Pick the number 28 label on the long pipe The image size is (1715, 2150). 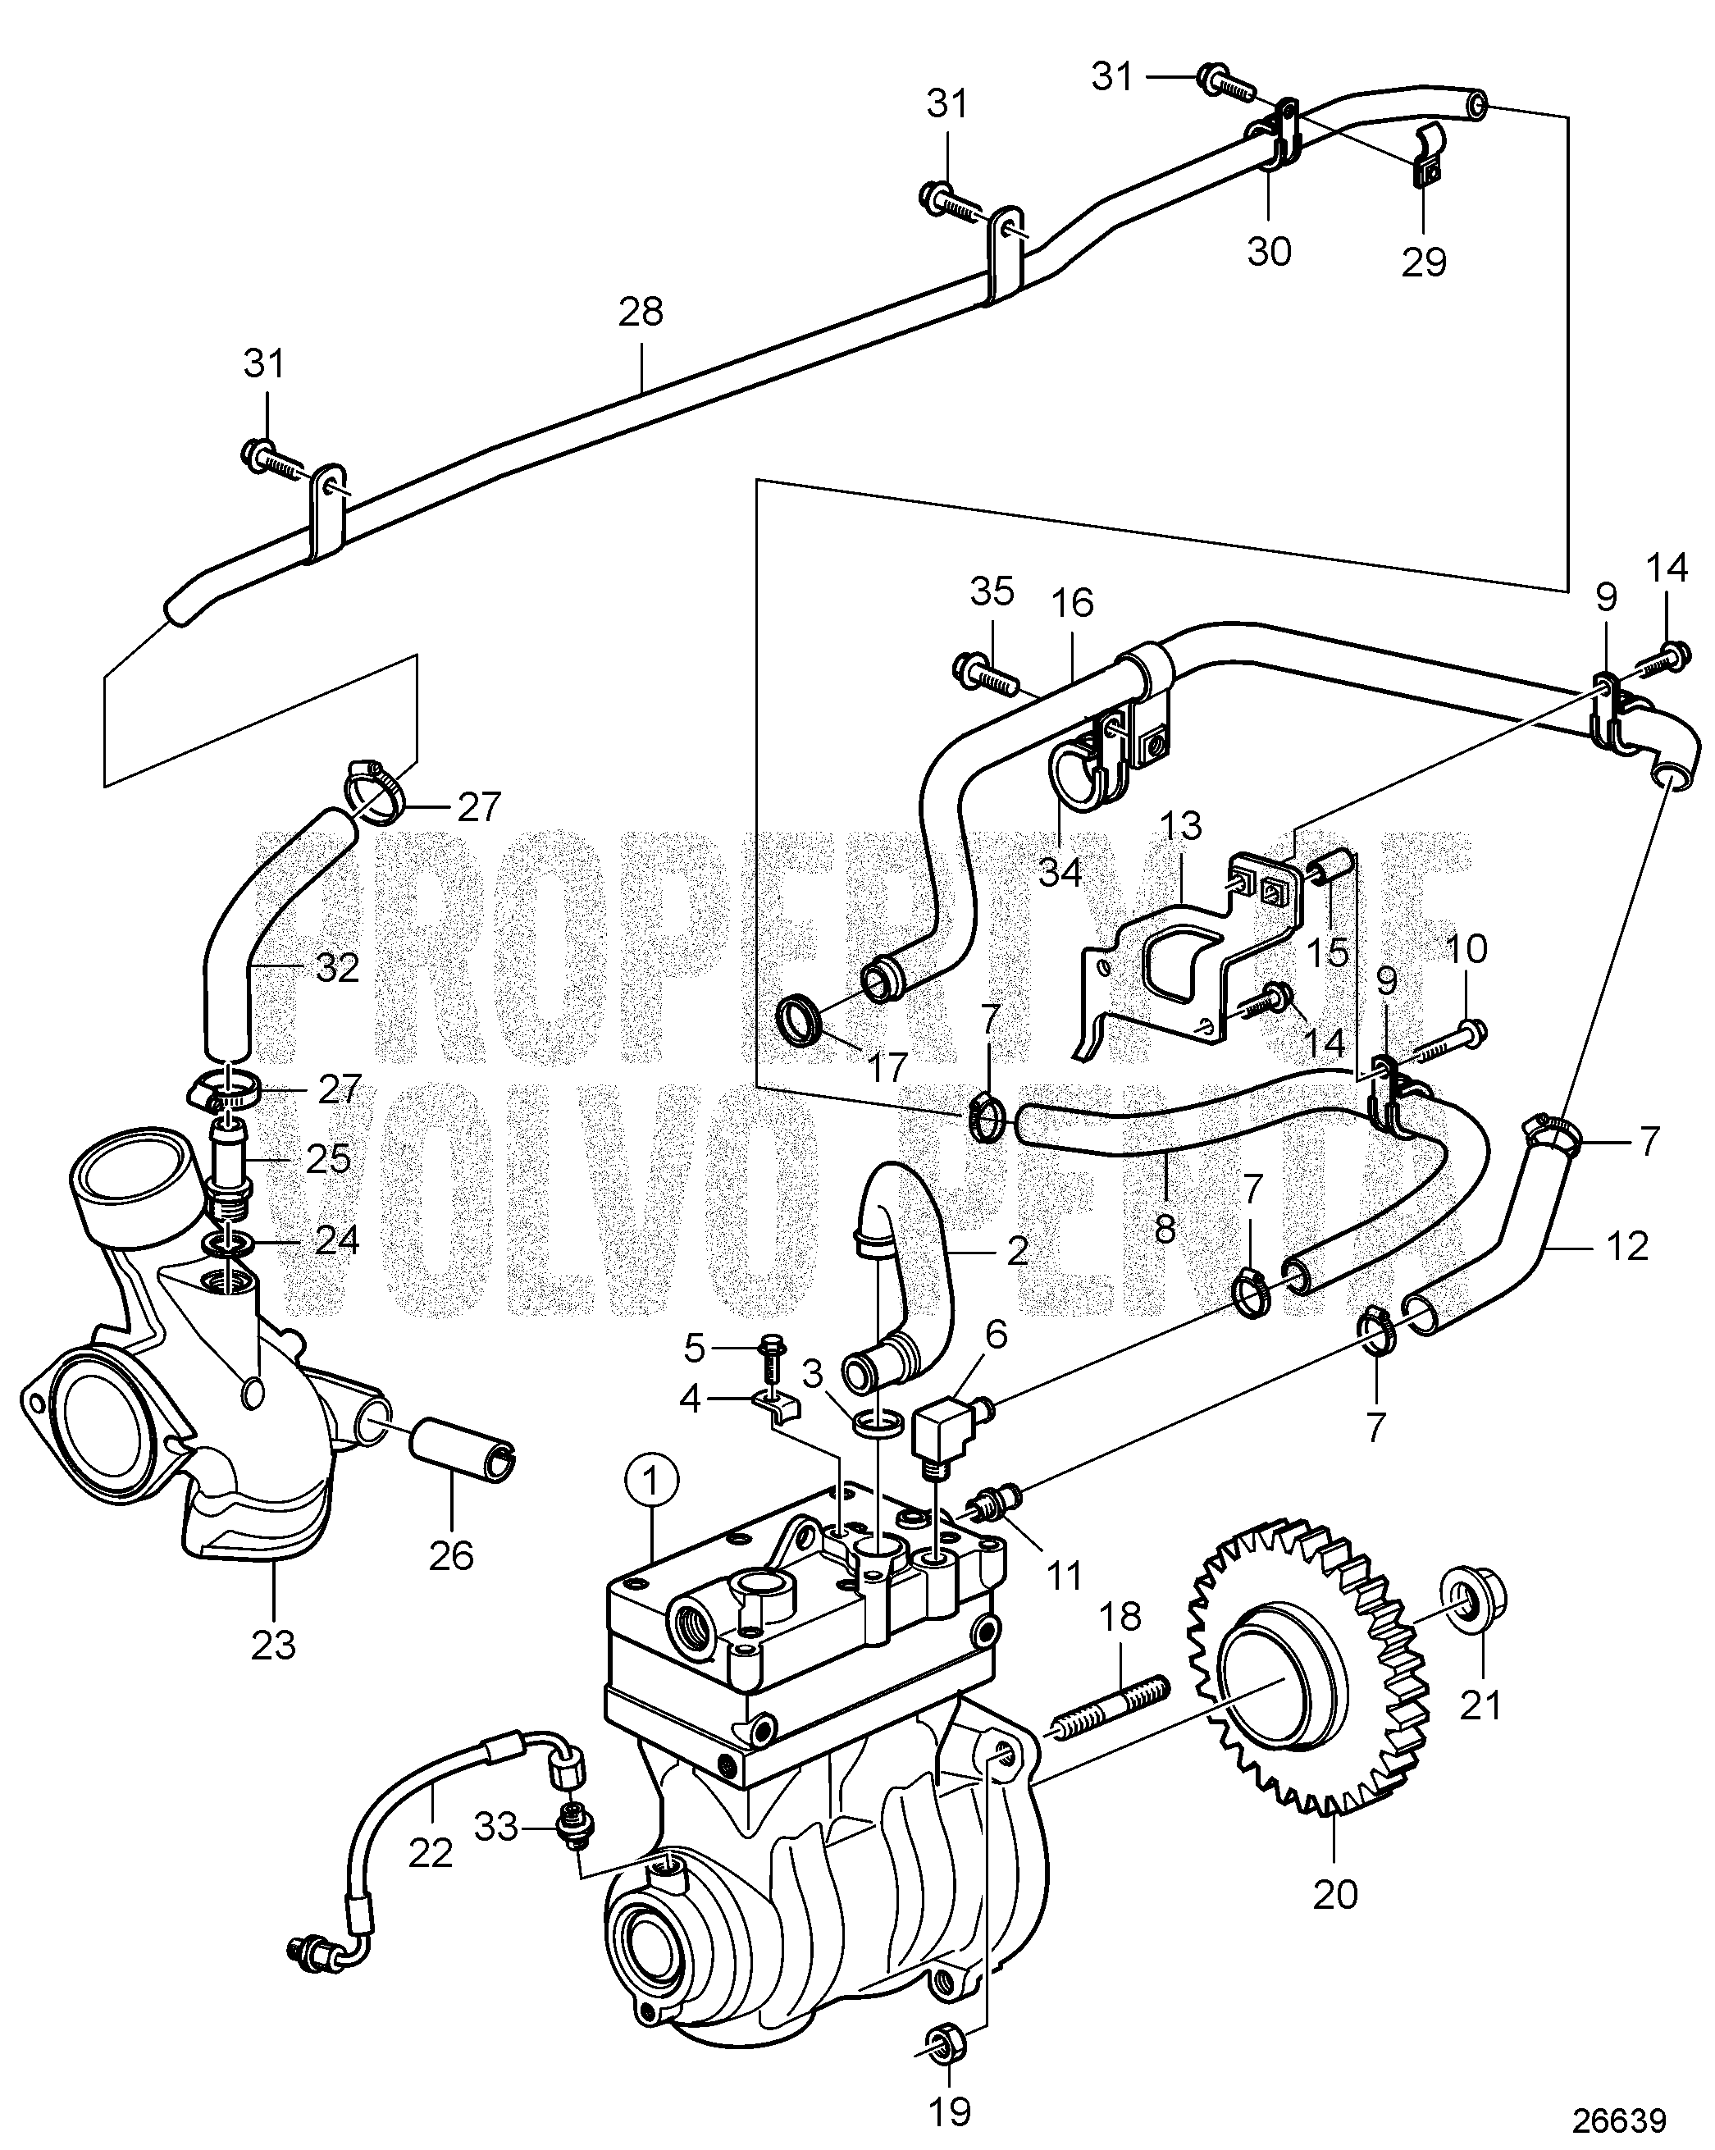tap(640, 313)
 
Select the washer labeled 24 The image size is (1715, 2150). tap(230, 1245)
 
